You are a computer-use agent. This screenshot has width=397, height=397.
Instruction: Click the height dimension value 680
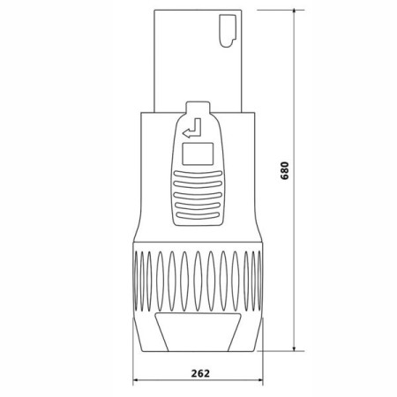click(x=285, y=170)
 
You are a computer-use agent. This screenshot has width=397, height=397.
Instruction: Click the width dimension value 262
click(x=200, y=373)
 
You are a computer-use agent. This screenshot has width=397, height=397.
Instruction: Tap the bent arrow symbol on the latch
click(x=192, y=128)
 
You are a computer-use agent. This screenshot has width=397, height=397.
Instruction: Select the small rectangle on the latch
click(x=198, y=154)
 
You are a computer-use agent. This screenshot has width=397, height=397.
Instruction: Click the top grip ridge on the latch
click(x=198, y=174)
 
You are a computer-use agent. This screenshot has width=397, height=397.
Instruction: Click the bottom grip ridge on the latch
click(x=198, y=215)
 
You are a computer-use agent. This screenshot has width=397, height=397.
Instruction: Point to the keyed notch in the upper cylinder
click(x=228, y=31)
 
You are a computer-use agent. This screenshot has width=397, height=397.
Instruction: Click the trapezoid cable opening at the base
click(x=198, y=333)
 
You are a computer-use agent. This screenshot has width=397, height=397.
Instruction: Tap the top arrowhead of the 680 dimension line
click(x=294, y=11)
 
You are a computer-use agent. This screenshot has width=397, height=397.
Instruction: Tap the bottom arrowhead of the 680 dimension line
click(x=294, y=348)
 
